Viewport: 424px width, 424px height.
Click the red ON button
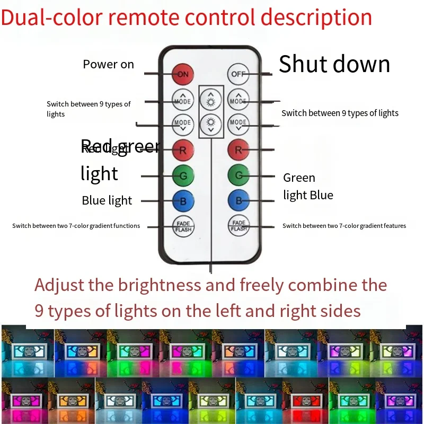click(183, 74)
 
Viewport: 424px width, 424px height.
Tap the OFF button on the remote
click(238, 74)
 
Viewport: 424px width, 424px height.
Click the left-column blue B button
click(183, 201)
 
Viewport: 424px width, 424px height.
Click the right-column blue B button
click(238, 201)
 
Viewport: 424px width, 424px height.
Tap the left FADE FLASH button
click(183, 226)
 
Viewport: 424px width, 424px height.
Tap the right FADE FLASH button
click(238, 226)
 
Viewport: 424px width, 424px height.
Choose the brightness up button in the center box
click(211, 99)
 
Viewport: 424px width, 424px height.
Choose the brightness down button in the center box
click(211, 124)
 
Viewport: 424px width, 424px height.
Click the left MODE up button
click(183, 99)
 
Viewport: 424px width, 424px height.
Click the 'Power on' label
click(108, 65)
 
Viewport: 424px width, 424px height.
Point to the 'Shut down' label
click(334, 64)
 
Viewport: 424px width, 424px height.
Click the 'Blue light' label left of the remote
click(107, 200)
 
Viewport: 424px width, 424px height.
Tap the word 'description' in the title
click(316, 17)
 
